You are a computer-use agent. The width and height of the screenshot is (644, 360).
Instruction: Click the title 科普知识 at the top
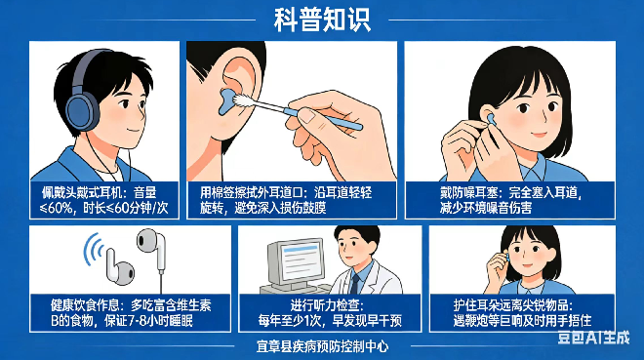(x=321, y=20)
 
